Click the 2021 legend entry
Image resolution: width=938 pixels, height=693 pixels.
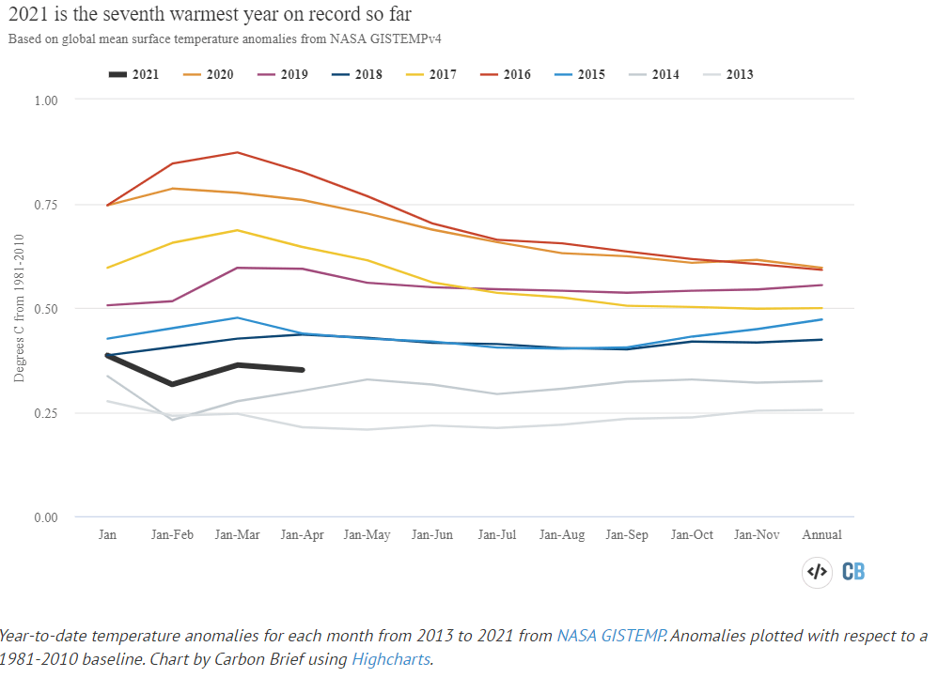tap(133, 74)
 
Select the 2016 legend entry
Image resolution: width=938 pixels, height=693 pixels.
tap(505, 74)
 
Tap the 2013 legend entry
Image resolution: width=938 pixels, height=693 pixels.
tap(727, 74)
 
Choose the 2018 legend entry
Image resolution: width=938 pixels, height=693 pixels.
tap(355, 74)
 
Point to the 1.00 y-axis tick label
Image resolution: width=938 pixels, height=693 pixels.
tap(45, 100)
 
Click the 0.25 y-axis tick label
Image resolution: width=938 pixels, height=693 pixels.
tap(45, 413)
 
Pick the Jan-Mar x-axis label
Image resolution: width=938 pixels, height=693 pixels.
tap(237, 534)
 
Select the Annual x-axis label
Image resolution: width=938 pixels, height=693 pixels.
tap(821, 534)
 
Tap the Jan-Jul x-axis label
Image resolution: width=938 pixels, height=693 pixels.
tap(497, 534)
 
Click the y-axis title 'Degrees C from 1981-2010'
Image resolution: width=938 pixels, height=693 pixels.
tap(20, 309)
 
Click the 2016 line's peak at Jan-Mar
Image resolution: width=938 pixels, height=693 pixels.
tap(238, 152)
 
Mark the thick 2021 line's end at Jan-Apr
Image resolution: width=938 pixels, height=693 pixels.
tap(302, 370)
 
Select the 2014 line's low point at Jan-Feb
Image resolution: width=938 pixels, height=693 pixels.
tap(173, 419)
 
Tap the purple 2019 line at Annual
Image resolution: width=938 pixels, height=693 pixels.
tap(822, 285)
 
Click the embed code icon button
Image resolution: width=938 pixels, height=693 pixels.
tap(817, 571)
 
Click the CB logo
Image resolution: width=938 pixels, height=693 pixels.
tap(853, 571)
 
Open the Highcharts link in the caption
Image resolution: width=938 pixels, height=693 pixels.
tap(391, 658)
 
